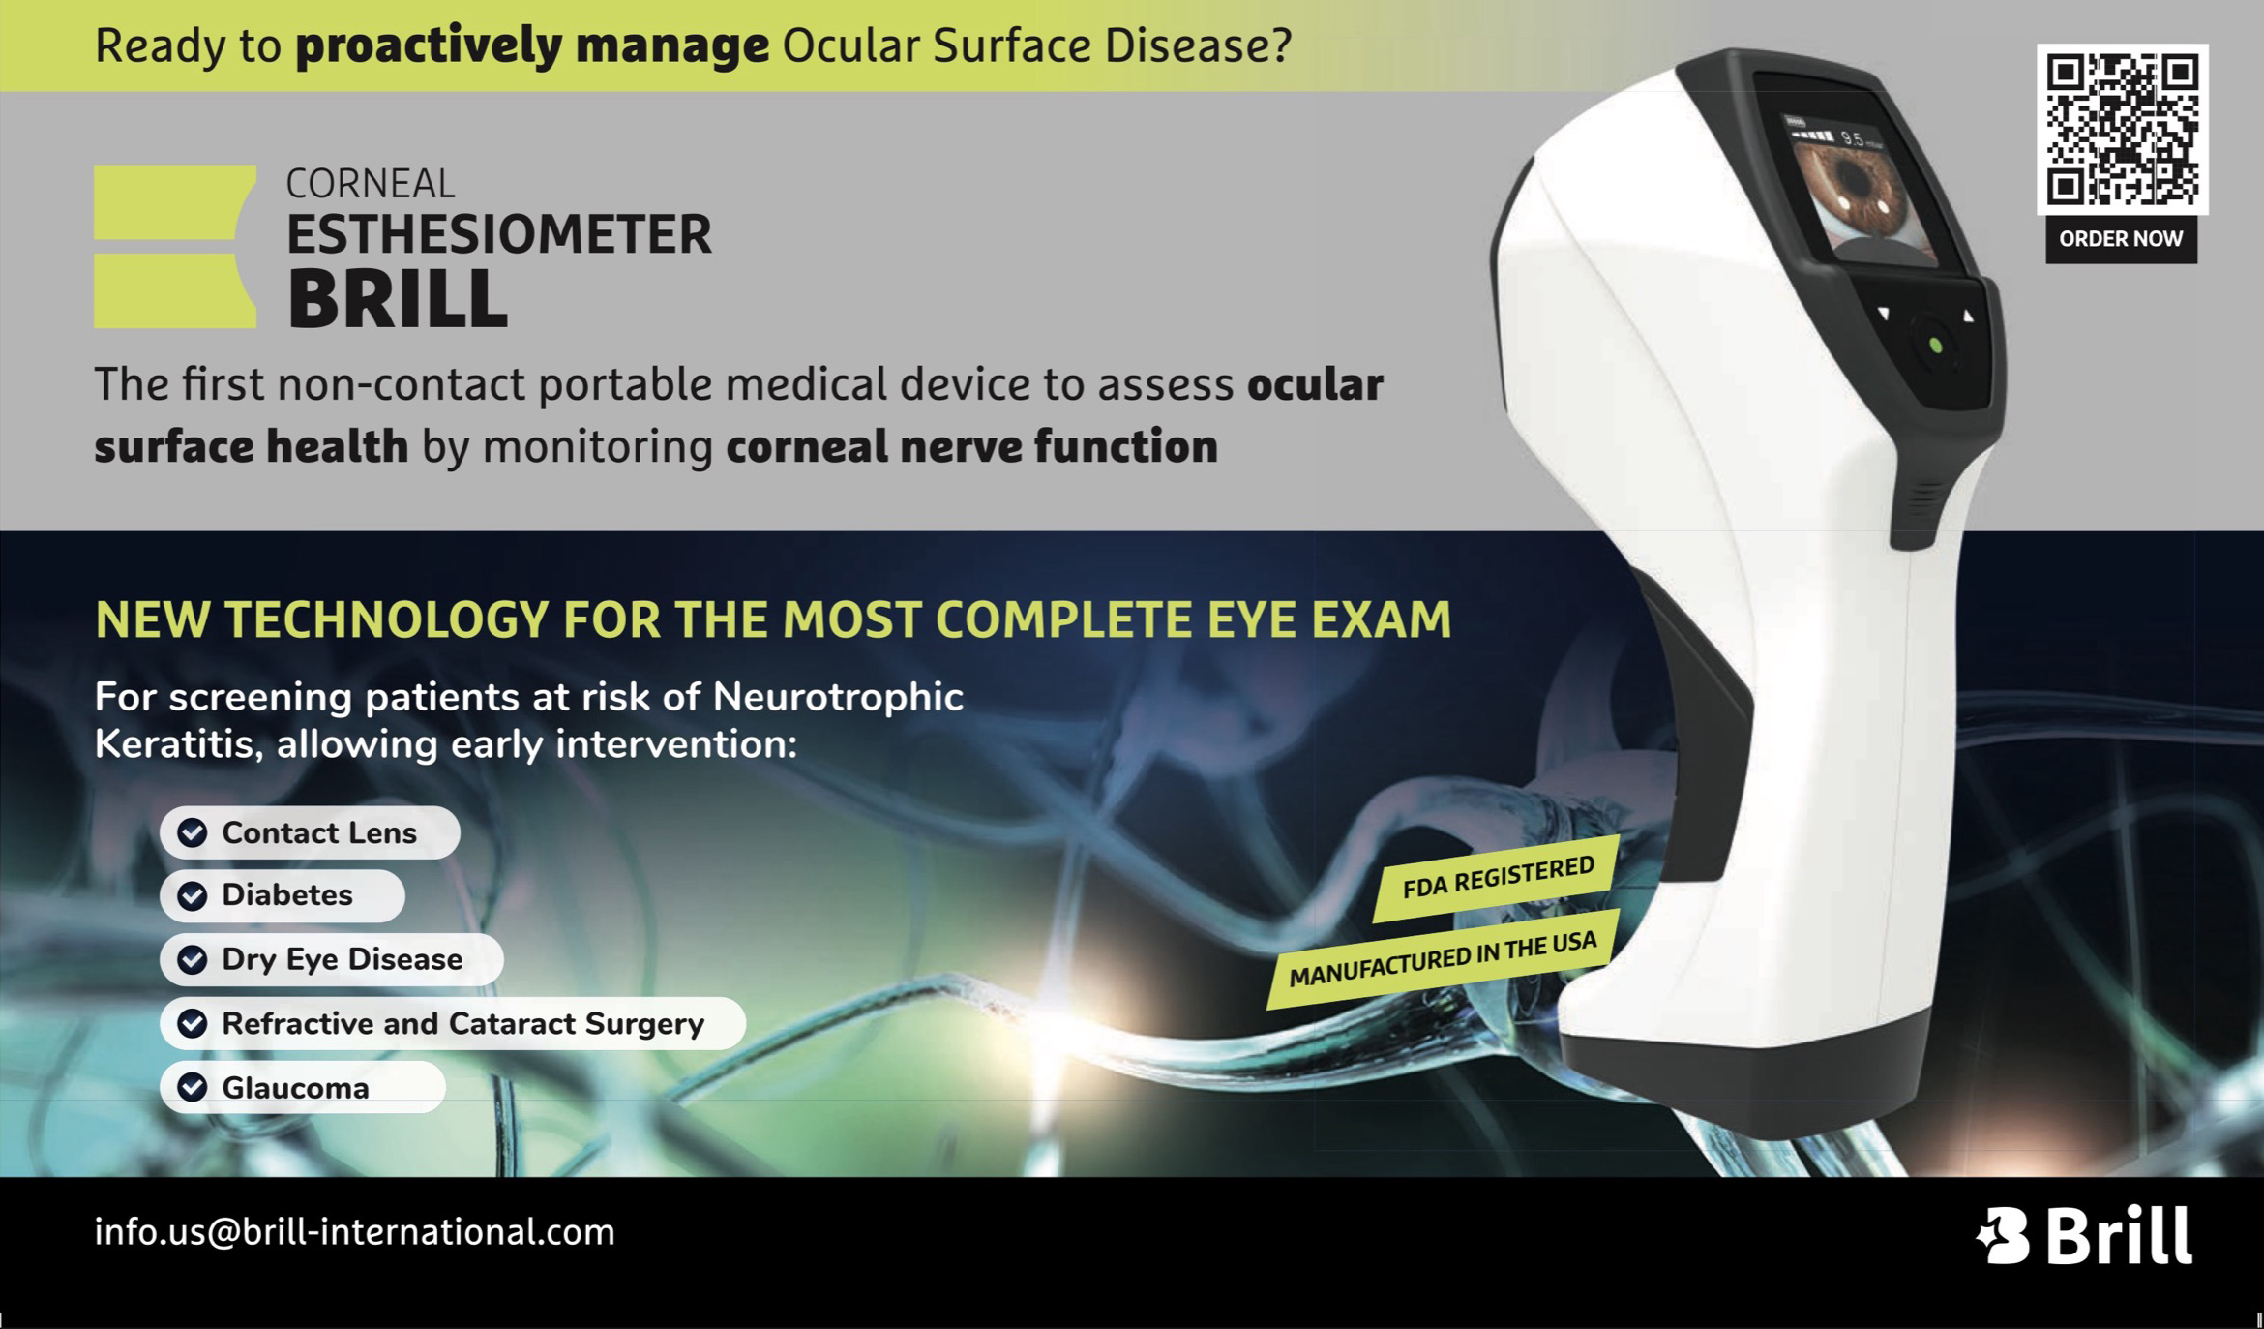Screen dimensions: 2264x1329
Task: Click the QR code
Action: (x=2122, y=129)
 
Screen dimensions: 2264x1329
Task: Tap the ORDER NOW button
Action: (x=2121, y=239)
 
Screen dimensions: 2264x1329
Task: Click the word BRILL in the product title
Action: (x=398, y=298)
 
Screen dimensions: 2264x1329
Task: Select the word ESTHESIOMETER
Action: (x=499, y=234)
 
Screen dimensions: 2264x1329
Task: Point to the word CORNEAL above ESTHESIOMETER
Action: (x=371, y=183)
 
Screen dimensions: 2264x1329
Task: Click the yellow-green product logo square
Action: (x=175, y=246)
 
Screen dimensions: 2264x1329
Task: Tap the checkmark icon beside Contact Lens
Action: (x=193, y=832)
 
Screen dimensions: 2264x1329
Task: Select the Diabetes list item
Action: (x=283, y=895)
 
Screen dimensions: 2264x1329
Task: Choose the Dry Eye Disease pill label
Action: (x=332, y=959)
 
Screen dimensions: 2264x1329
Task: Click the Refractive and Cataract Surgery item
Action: (x=453, y=1023)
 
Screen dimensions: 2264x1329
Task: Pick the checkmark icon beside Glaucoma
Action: (x=193, y=1087)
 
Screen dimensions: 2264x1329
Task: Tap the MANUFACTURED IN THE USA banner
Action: (x=1442, y=959)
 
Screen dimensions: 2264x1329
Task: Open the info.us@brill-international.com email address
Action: (x=354, y=1232)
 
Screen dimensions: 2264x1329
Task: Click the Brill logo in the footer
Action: (x=2084, y=1235)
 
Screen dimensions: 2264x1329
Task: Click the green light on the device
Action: (x=1936, y=346)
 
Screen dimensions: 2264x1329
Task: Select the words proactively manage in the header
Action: (x=532, y=46)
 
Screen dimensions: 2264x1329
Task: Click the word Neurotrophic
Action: (x=838, y=697)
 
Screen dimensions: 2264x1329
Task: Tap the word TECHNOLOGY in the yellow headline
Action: (x=387, y=619)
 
